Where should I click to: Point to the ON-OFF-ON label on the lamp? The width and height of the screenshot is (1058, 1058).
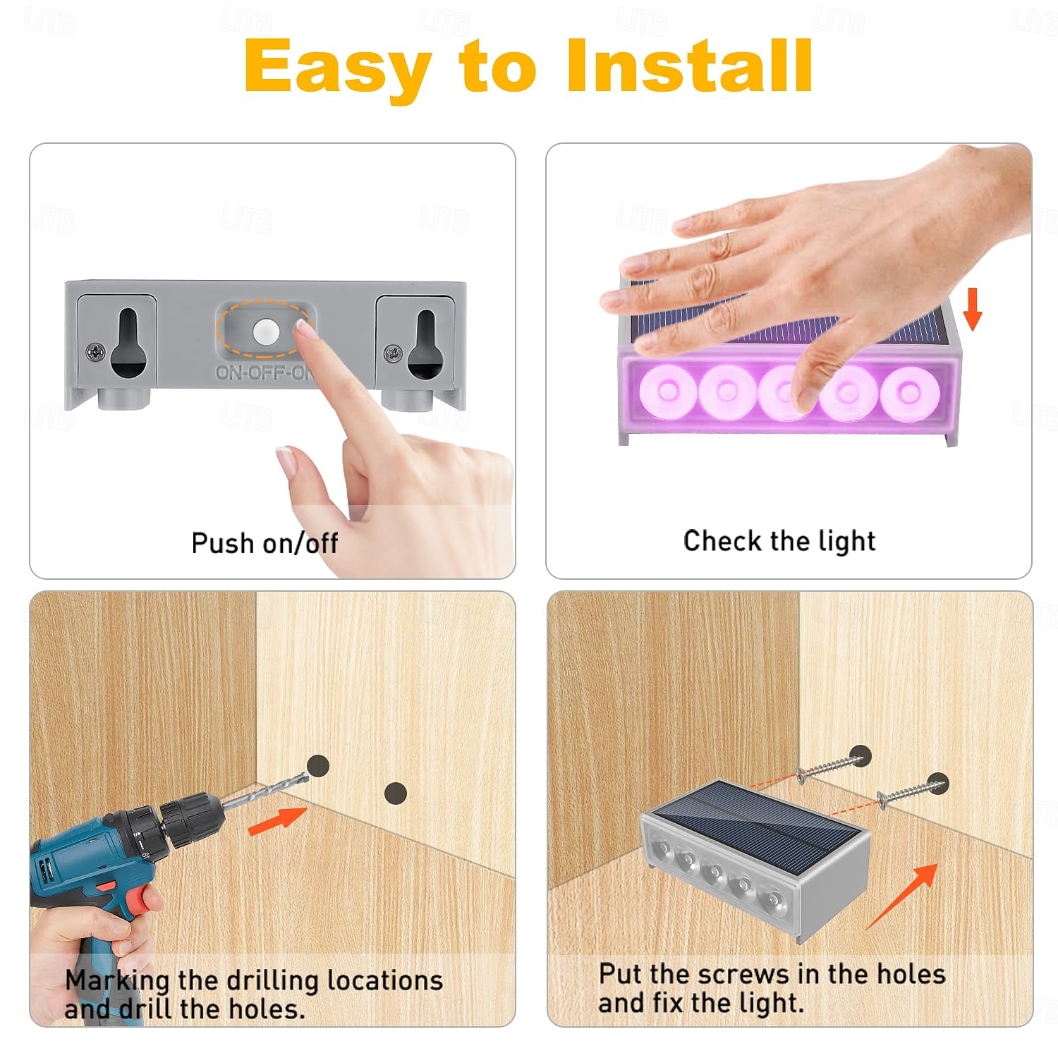tap(264, 372)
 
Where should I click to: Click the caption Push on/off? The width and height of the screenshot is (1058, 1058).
tap(264, 543)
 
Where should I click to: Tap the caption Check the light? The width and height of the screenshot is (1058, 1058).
tap(779, 541)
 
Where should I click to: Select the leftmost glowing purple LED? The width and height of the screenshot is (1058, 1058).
tap(667, 390)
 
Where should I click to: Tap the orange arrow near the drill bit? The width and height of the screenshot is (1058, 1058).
tap(277, 821)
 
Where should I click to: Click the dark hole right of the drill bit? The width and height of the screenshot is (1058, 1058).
tap(396, 793)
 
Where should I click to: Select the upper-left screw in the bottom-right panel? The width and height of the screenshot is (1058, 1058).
tap(830, 767)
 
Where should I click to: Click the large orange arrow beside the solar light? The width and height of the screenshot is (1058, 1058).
tap(902, 896)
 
